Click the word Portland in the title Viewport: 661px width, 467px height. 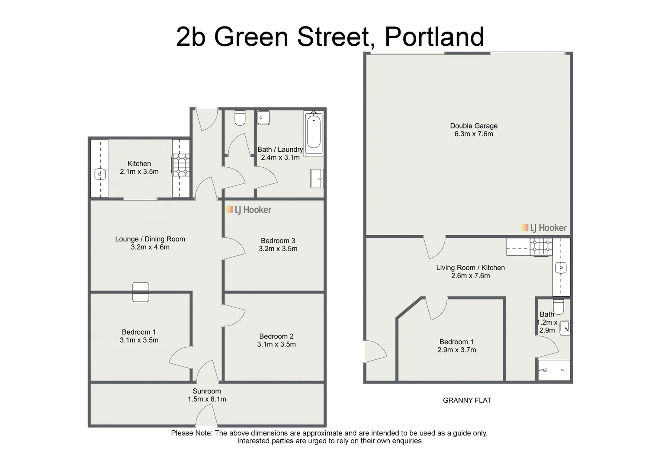(434, 37)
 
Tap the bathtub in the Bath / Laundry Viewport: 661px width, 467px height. (314, 133)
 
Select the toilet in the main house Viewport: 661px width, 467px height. (240, 118)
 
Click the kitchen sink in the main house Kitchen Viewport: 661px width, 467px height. (100, 174)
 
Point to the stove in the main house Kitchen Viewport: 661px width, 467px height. (181, 165)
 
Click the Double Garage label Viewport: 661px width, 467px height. (474, 126)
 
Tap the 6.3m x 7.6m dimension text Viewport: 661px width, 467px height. (474, 134)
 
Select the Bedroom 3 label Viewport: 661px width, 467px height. (278, 241)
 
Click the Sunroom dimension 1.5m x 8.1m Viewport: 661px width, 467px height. (207, 399)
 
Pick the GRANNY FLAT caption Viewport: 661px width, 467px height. (467, 400)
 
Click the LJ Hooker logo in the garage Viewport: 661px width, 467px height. (544, 228)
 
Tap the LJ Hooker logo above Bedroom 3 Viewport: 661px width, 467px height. (248, 210)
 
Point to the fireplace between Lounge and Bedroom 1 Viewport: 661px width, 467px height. (141, 292)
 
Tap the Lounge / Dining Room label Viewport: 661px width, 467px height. (150, 239)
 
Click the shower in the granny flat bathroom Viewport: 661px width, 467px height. (554, 370)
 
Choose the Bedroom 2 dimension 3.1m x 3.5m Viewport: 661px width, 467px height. (276, 345)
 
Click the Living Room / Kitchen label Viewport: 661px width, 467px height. (470, 268)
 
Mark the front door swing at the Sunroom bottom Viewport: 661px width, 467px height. (206, 417)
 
